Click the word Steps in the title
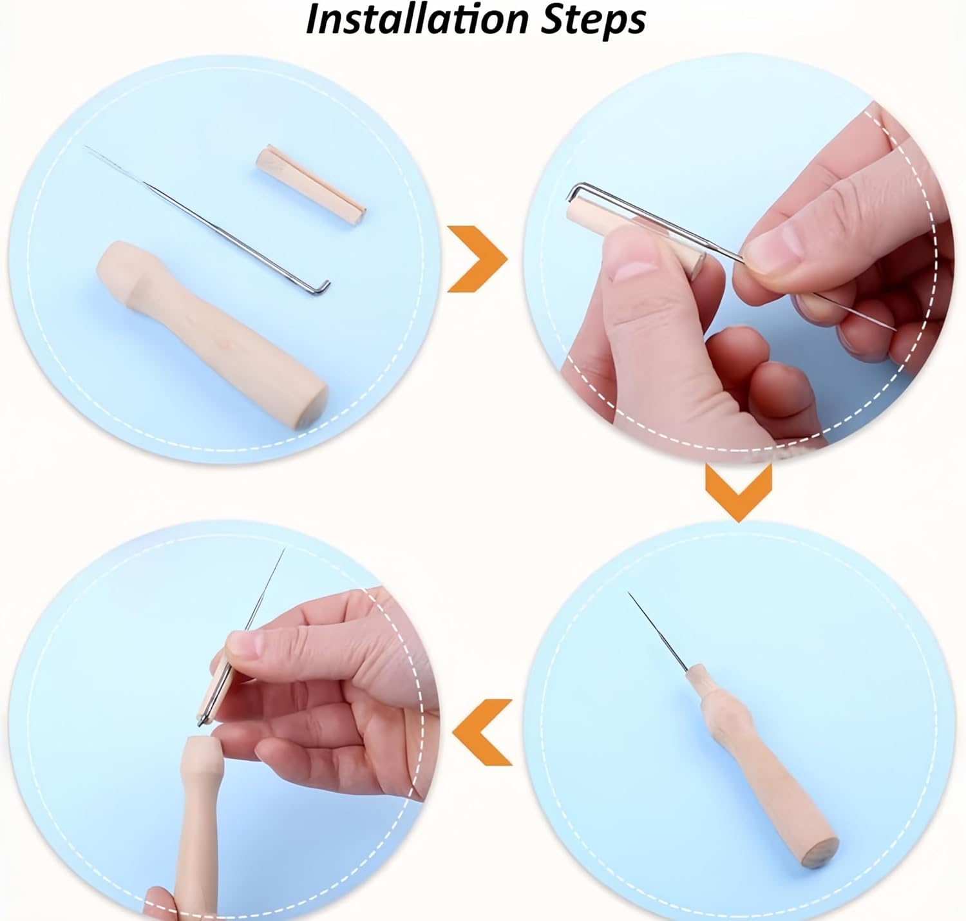[x=593, y=21]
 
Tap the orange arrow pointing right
[x=476, y=259]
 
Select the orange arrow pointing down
[x=738, y=491]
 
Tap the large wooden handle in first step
[x=211, y=334]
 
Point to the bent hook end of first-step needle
[x=319, y=287]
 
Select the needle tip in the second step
[x=895, y=330]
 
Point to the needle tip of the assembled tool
[x=629, y=593]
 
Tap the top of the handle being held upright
[x=199, y=741]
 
